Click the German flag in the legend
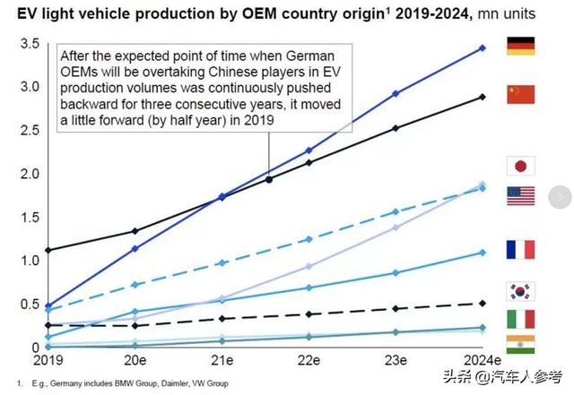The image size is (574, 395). (521, 46)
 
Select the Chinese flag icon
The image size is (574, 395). (521, 94)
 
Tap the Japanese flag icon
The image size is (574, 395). (521, 167)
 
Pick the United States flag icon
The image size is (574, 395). (521, 195)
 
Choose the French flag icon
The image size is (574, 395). (521, 250)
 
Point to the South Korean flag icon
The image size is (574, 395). (521, 291)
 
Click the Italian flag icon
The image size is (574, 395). (521, 318)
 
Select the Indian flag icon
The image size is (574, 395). (521, 346)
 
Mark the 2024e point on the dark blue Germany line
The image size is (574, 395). (483, 47)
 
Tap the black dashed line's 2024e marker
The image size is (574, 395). (483, 304)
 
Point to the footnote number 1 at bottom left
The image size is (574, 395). (6, 382)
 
